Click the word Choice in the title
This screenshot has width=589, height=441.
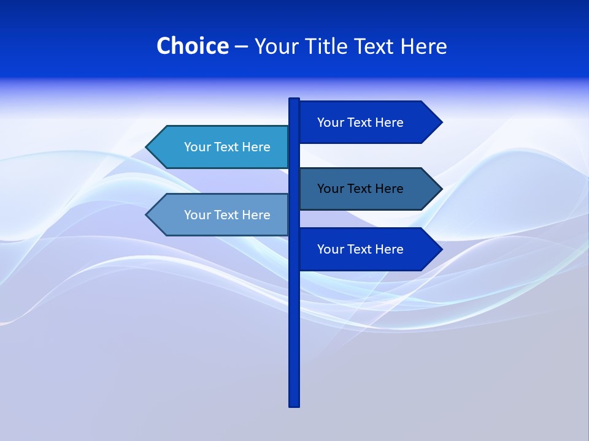[192, 46]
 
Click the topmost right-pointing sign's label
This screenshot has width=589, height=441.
[360, 123]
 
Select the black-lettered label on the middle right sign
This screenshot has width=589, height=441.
[360, 189]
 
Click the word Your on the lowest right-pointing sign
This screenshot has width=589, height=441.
[329, 249]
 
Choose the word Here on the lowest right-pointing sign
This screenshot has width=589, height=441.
[389, 249]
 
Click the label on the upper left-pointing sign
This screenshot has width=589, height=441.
[227, 147]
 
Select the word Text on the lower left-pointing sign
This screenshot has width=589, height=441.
[227, 215]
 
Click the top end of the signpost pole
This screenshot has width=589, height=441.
[294, 100]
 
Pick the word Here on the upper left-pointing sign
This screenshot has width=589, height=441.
[256, 147]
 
